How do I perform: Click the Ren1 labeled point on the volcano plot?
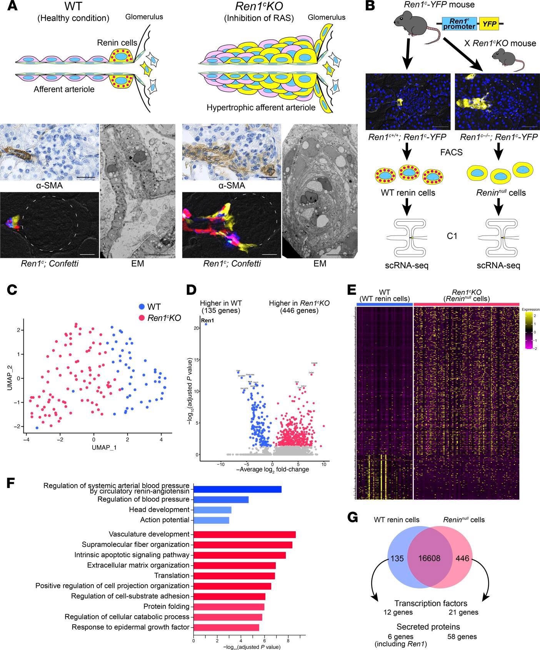206,324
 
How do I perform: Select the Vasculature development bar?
244,534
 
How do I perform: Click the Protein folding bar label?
168,607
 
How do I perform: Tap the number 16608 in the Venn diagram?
430,558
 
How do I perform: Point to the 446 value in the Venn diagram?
462,558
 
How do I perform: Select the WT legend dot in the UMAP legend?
142,307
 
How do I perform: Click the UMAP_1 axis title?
104,448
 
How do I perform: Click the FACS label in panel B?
451,153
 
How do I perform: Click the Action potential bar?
211,520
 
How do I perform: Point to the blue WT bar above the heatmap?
384,304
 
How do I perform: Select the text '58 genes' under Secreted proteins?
462,637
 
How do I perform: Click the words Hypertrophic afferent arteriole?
261,108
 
